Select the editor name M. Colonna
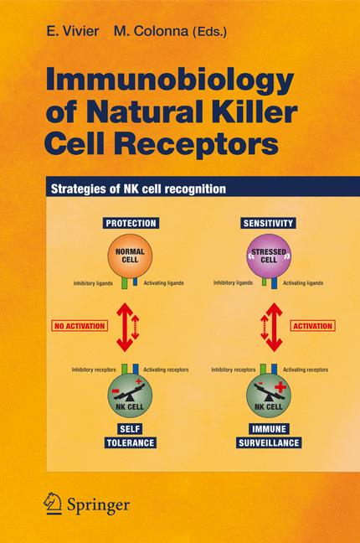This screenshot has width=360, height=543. pyautogui.click(x=147, y=29)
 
